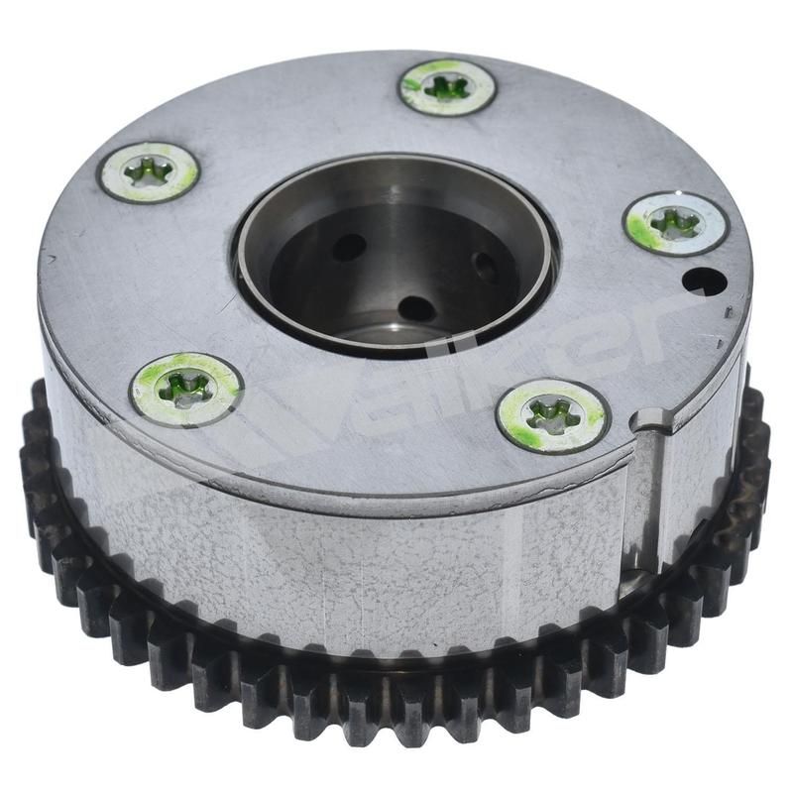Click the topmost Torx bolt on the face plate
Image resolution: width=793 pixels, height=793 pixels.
[447, 87]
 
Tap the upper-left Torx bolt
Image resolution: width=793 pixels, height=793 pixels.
[149, 172]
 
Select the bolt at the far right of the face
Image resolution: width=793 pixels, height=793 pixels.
[676, 223]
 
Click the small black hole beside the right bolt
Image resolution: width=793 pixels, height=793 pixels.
[704, 281]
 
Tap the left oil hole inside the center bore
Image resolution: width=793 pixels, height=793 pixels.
[347, 247]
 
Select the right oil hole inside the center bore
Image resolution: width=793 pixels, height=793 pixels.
[486, 267]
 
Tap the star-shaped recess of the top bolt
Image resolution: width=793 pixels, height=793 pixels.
[447, 87]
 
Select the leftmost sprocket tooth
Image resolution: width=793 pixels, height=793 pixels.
[30, 466]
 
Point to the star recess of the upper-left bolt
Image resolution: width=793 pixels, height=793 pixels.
[149, 172]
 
